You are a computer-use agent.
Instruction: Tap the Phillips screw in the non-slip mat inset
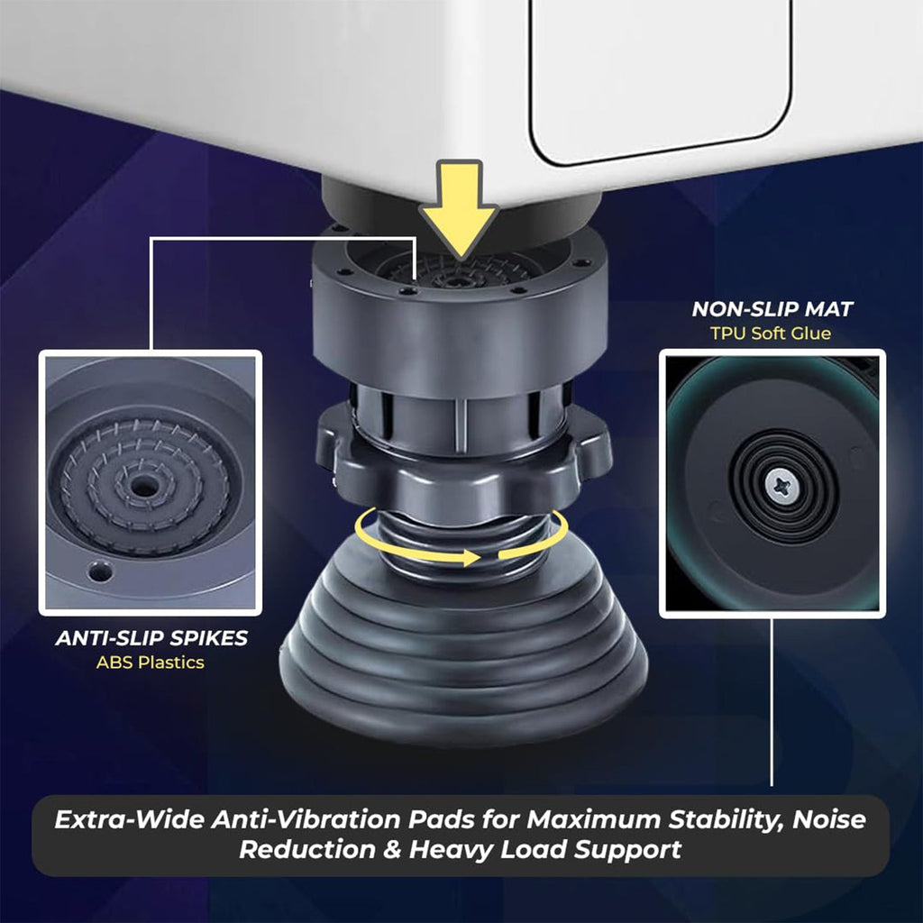pos(782,486)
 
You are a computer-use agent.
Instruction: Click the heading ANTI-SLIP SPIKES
pos(151,638)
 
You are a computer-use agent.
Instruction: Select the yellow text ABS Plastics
pos(151,663)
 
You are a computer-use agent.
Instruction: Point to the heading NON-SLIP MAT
pos(772,309)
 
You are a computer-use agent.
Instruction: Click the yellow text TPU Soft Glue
pos(771,334)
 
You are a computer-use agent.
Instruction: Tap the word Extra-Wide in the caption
pos(130,819)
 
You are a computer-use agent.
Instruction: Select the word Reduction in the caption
pos(307,849)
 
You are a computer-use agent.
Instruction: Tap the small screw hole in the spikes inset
pos(99,571)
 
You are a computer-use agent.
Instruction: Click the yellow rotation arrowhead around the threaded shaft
pos(470,557)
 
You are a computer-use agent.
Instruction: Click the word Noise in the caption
pos(829,819)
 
